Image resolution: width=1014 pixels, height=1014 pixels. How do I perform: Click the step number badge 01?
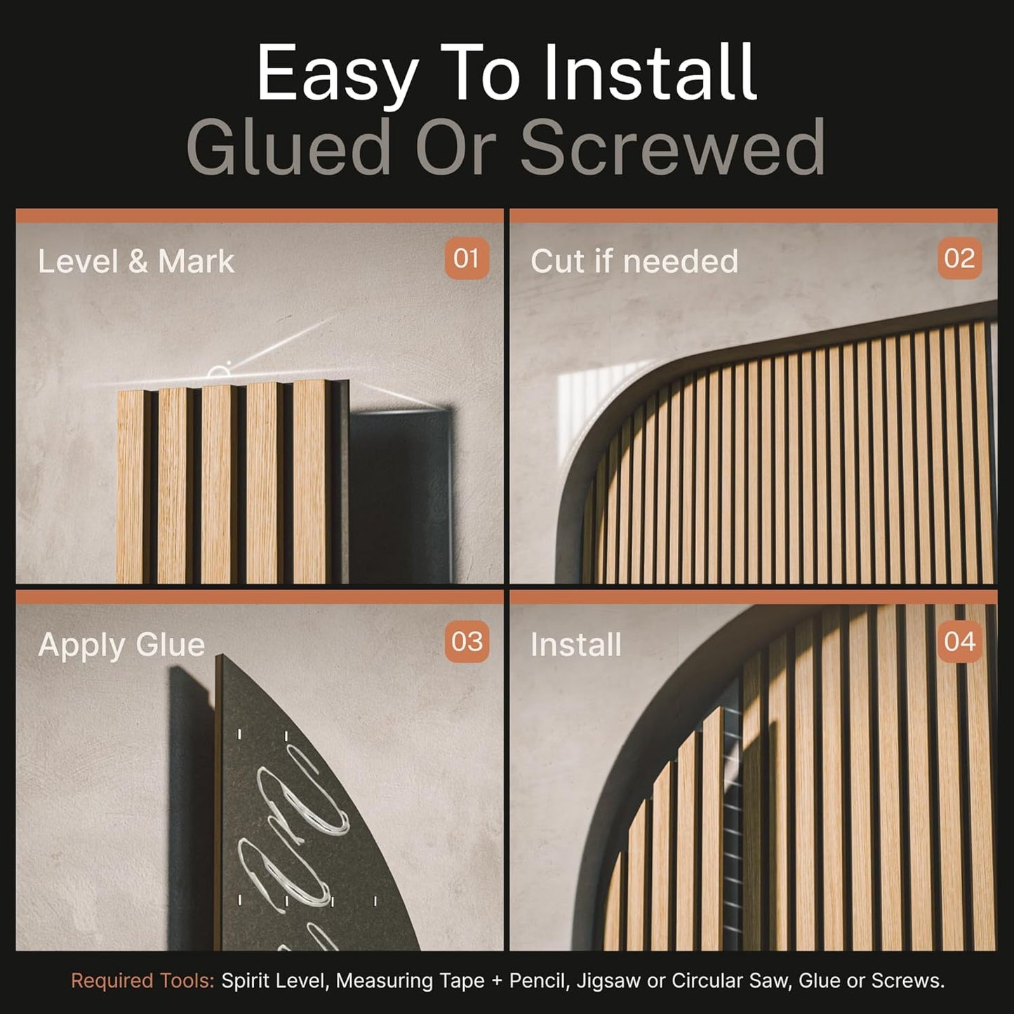pos(467,259)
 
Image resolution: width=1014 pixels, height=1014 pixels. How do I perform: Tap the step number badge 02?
pos(959,259)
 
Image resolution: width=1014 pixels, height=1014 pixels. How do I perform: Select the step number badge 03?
pos(467,642)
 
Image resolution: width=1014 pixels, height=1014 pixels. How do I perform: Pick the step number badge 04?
pos(959,642)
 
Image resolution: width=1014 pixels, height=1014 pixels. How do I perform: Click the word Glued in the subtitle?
pos(289,148)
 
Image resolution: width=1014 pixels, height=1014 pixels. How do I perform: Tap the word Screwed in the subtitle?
pos(672,148)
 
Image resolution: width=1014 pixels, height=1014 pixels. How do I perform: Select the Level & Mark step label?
pos(136,262)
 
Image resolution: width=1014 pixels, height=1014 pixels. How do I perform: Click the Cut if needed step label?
pos(634,262)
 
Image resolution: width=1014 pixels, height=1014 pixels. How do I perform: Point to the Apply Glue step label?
pos(121,645)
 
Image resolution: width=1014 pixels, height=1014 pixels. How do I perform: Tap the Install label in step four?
pos(576,645)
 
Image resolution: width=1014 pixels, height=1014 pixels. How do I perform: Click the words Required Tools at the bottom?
pos(142,980)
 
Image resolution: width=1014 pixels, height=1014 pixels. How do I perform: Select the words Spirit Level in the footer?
pos(274,980)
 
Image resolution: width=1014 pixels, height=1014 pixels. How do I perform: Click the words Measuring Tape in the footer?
pos(410,981)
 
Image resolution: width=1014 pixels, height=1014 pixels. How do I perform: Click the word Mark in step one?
pos(196,262)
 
